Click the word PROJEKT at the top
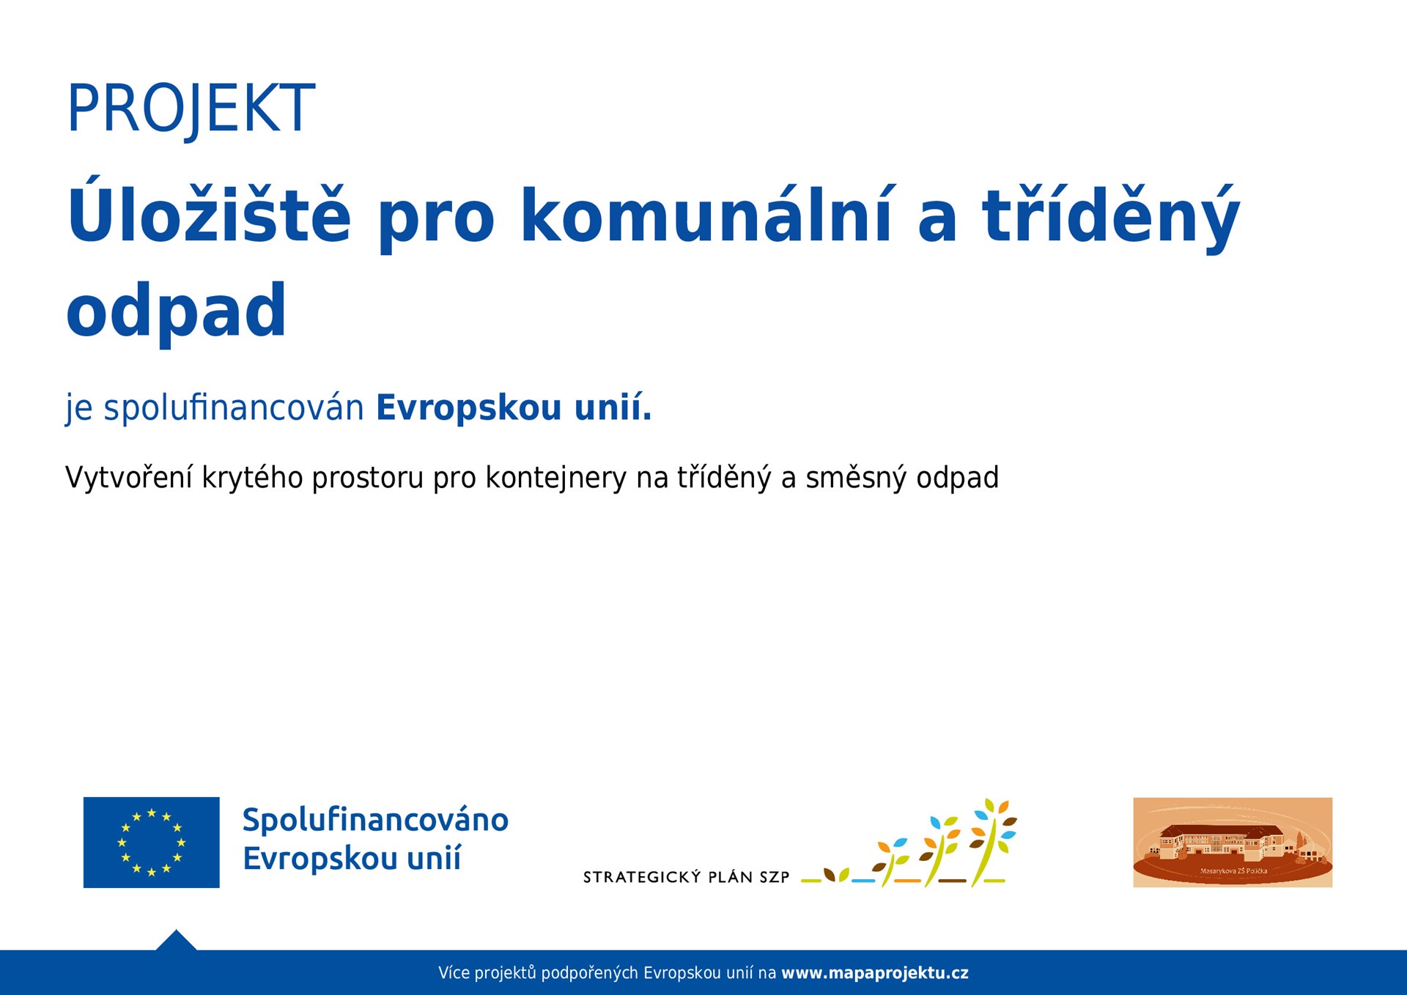(x=191, y=108)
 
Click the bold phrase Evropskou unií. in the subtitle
(x=513, y=407)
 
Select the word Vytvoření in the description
(x=128, y=478)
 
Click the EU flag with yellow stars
(x=151, y=842)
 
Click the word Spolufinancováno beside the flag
(x=375, y=820)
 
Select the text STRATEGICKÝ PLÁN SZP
(x=686, y=877)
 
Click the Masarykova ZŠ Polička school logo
(x=1233, y=842)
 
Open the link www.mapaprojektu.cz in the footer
(x=874, y=973)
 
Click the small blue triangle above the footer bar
(x=176, y=941)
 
